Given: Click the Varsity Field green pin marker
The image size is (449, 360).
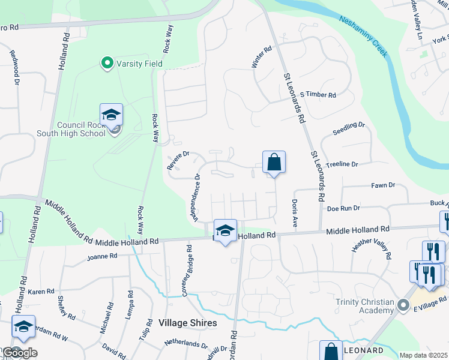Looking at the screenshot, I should tap(107, 63).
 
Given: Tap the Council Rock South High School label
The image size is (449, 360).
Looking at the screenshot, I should tap(81, 130).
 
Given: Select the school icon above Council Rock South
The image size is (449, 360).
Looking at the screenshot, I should tap(111, 115).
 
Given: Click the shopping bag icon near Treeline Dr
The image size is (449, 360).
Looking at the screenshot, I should tap(274, 163).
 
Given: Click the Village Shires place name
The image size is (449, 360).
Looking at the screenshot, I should tap(188, 323).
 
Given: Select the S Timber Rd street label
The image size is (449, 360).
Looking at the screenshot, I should tap(318, 95).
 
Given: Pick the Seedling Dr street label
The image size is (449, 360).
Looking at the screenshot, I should tap(349, 125).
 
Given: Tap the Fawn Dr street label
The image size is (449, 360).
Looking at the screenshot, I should tap(383, 186).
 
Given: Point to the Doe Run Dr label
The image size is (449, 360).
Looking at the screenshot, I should tap(343, 208).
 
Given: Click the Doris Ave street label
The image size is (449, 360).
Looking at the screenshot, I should tap(295, 213).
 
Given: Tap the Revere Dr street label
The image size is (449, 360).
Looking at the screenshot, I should tap(178, 161).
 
